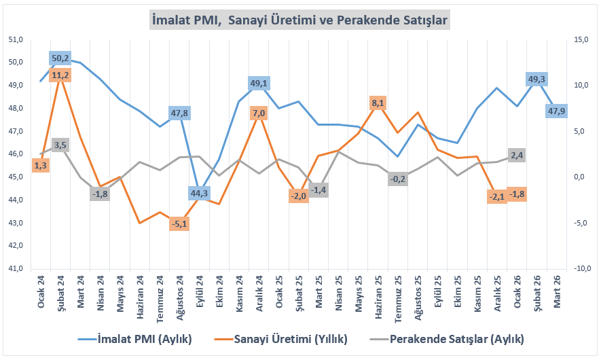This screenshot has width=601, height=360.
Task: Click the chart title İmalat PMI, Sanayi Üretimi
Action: click(x=299, y=21)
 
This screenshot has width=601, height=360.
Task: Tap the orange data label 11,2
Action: click(x=60, y=75)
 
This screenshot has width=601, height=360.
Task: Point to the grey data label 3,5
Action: click(x=60, y=145)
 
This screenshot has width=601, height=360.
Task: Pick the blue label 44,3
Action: click(x=199, y=194)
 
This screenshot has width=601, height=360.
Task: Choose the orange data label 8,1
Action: click(x=378, y=103)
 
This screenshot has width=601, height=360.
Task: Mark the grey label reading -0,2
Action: click(x=398, y=179)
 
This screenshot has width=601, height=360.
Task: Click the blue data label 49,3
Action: click(x=536, y=79)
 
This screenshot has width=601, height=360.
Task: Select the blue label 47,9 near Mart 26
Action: click(x=557, y=111)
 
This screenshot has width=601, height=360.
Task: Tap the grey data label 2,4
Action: click(x=517, y=156)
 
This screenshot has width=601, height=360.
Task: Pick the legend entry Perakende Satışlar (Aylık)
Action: click(x=449, y=338)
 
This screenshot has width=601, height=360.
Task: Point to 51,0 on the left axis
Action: click(x=15, y=39)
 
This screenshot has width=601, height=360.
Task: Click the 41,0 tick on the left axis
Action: click(x=15, y=268)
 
